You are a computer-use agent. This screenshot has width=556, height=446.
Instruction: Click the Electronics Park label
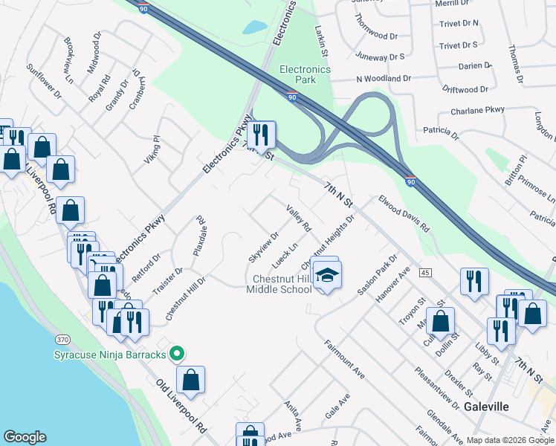coord(304,74)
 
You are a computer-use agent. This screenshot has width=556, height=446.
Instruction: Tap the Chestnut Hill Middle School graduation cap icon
coord(325,276)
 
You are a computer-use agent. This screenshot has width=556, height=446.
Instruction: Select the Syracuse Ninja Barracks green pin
coord(177,354)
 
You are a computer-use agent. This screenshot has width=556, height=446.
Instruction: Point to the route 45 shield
coord(425,273)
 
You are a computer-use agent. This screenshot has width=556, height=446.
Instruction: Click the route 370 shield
coord(62,339)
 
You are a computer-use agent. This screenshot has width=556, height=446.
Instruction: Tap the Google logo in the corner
coord(25,437)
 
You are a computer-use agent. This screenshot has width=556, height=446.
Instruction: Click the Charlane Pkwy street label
coord(477,111)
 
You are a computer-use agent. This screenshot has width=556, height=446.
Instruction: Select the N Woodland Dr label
coord(384,78)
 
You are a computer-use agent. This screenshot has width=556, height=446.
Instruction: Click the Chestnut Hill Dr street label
coord(184,298)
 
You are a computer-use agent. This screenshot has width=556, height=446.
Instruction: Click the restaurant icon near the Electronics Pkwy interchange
coord(261,135)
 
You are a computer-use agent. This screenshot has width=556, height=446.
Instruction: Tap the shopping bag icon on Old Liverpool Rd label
coord(191,379)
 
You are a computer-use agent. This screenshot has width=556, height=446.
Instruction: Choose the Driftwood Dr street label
coord(464,89)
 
